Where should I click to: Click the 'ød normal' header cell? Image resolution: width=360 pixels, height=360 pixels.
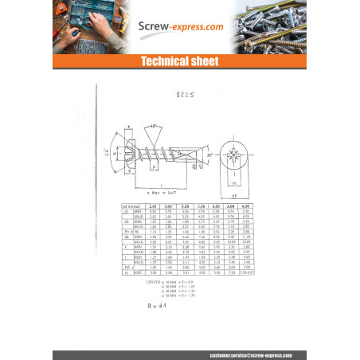pos(126,205)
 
